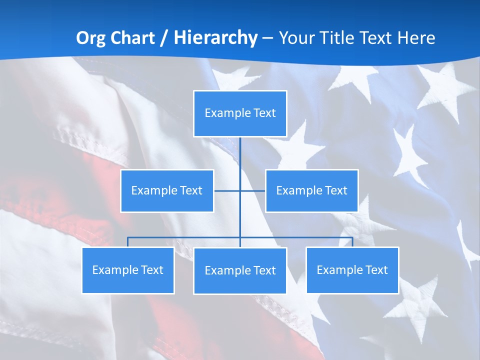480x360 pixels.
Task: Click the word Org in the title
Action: pos(91,38)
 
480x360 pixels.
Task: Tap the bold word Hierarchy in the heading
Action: pos(215,38)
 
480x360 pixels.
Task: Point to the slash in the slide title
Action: pos(164,38)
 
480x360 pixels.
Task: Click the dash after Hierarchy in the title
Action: pos(267,38)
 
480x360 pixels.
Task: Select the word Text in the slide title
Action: pos(377,38)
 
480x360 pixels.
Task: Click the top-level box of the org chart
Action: pos(240,113)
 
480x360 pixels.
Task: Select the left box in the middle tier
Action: pos(167,190)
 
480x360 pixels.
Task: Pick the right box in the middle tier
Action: pos(312,190)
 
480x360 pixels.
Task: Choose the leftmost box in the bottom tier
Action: pos(128,270)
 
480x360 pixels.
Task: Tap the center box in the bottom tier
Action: pos(240,270)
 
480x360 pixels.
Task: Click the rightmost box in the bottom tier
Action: pos(352,270)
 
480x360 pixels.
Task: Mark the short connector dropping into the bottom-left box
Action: pos(128,242)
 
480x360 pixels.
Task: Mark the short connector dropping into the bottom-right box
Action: pos(352,242)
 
